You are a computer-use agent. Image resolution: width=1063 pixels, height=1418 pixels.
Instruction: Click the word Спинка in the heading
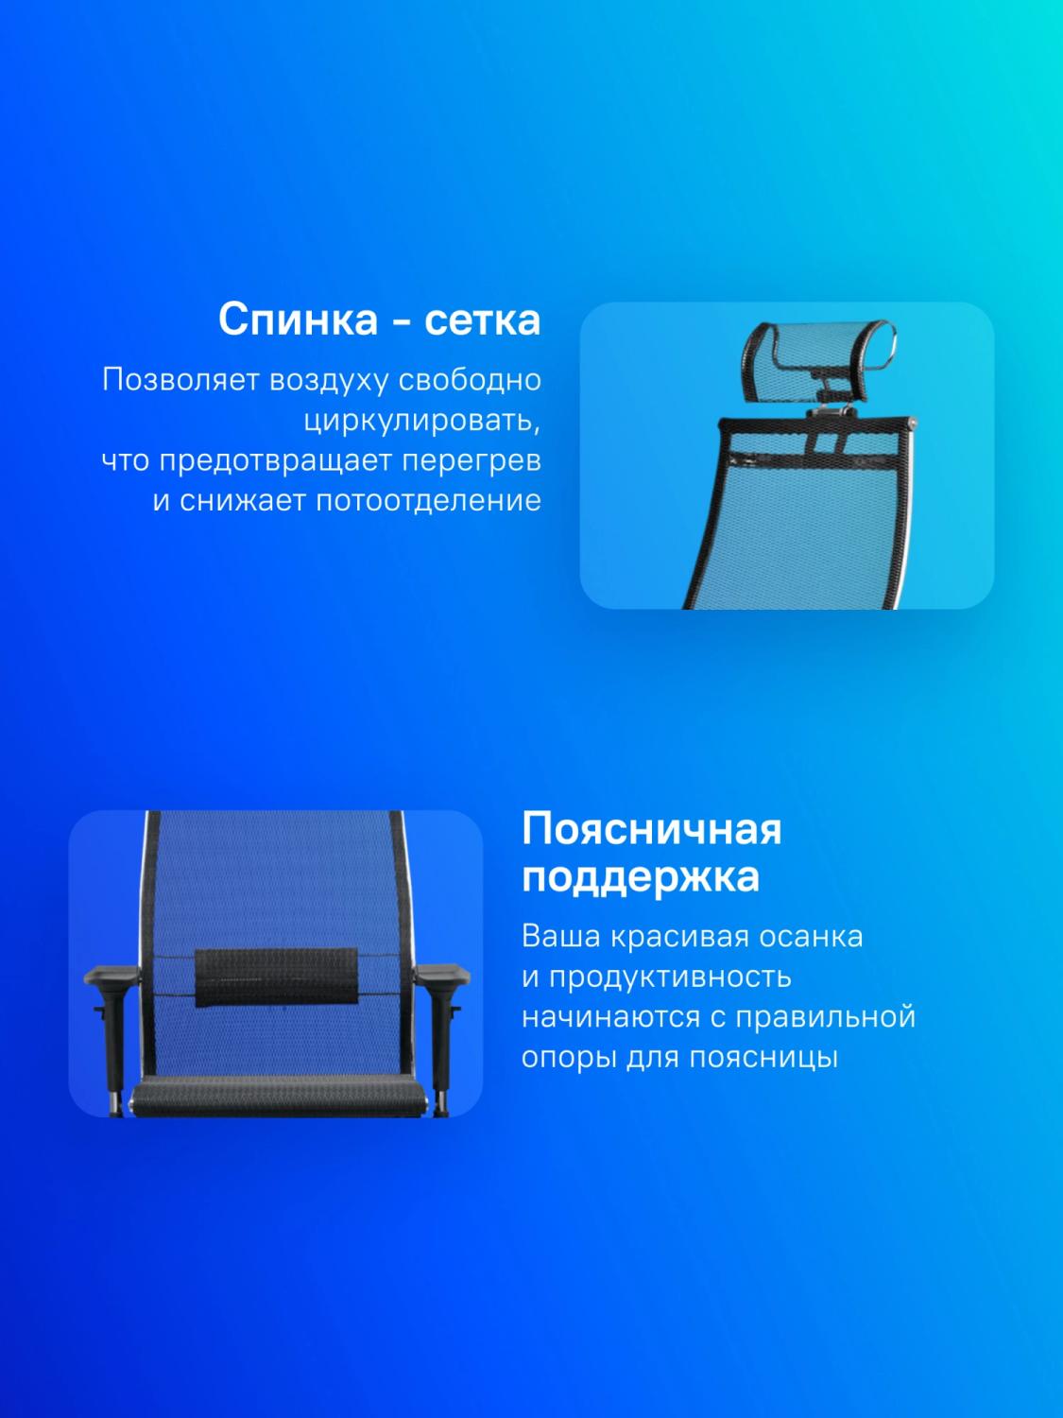tap(298, 320)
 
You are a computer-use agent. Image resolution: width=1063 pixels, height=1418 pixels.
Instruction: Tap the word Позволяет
tap(180, 381)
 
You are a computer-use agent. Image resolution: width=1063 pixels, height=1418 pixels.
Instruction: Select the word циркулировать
tap(422, 422)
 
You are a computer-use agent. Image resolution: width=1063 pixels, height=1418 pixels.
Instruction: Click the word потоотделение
tap(428, 501)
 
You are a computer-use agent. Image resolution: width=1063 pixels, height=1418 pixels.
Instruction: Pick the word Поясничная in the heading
tap(651, 830)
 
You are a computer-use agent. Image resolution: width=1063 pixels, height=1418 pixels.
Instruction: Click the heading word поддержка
tap(641, 877)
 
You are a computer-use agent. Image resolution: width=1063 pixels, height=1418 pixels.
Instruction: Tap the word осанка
tap(810, 937)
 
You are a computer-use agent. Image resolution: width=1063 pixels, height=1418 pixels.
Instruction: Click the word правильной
tap(826, 1017)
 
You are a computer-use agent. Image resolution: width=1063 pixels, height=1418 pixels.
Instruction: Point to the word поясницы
tap(763, 1058)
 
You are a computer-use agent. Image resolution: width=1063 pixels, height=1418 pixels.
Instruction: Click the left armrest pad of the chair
tap(111, 974)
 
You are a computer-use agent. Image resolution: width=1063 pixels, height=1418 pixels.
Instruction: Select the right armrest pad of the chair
tap(442, 974)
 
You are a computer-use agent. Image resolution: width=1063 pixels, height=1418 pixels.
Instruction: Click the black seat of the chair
tap(279, 1096)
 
